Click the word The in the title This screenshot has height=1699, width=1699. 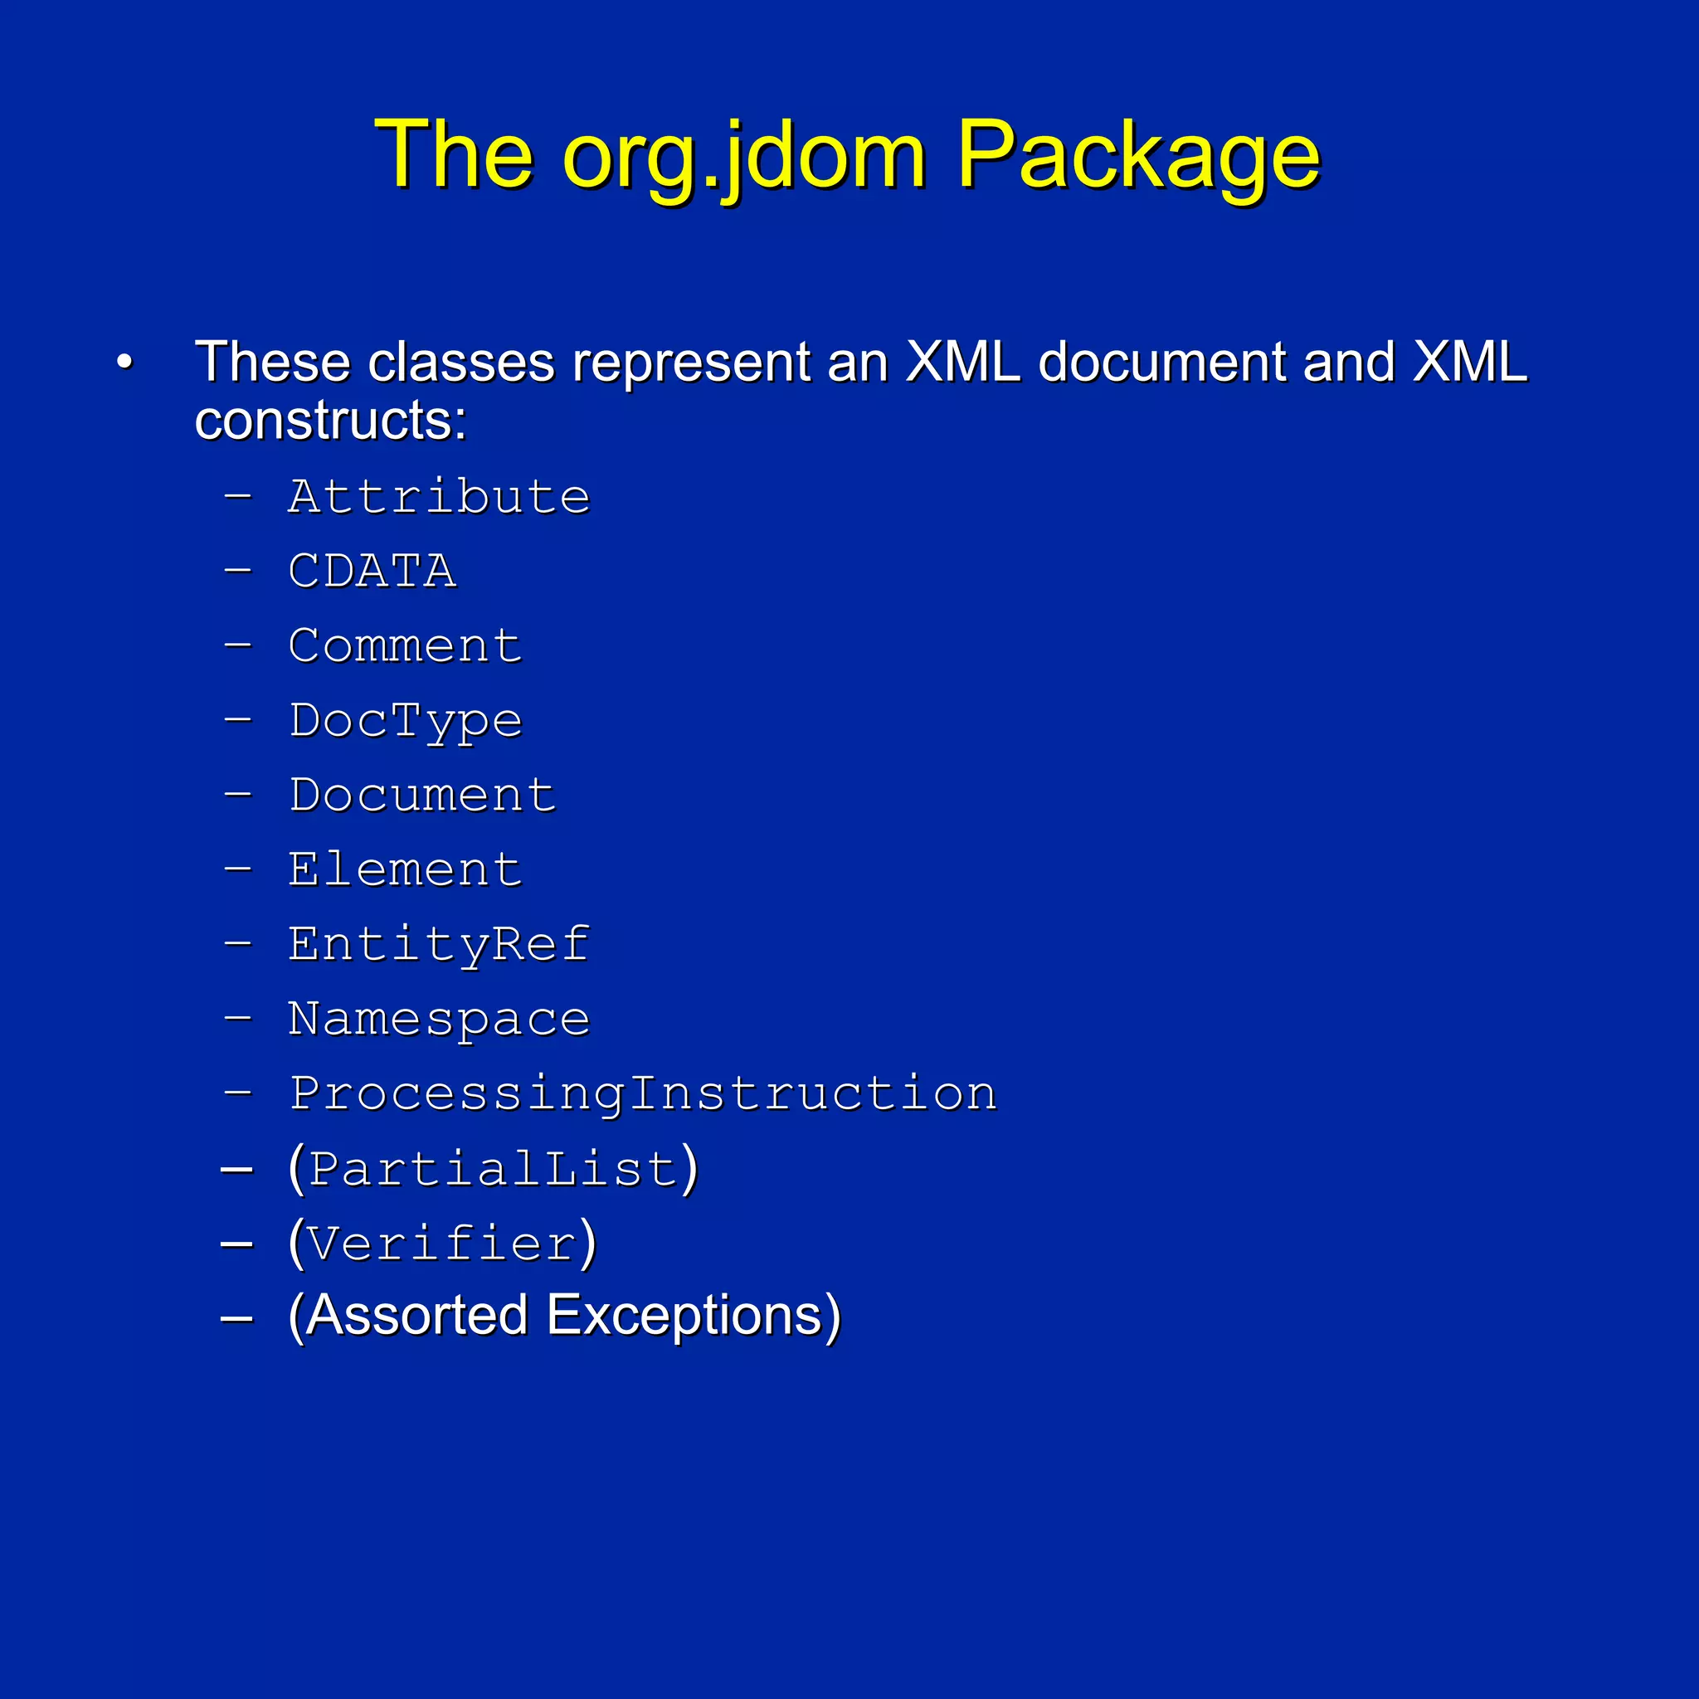[454, 156]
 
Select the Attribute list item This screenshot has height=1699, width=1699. [439, 497]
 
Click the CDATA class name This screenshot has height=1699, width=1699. [372, 572]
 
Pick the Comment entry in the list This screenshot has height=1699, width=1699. [406, 646]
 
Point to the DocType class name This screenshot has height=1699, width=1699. [406, 721]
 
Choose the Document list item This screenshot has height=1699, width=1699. [422, 796]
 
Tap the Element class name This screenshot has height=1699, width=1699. [406, 870]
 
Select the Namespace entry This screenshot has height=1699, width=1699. [439, 1020]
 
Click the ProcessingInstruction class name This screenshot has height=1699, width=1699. [643, 1095]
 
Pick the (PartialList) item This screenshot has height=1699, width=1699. [494, 1170]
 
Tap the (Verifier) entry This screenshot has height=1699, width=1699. [442, 1244]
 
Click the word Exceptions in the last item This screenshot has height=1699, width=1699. [694, 1317]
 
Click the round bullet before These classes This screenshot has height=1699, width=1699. [125, 363]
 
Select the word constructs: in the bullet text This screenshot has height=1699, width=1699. [330, 421]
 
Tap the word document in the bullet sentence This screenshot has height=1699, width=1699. [1161, 362]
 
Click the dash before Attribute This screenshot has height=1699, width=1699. [237, 497]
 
